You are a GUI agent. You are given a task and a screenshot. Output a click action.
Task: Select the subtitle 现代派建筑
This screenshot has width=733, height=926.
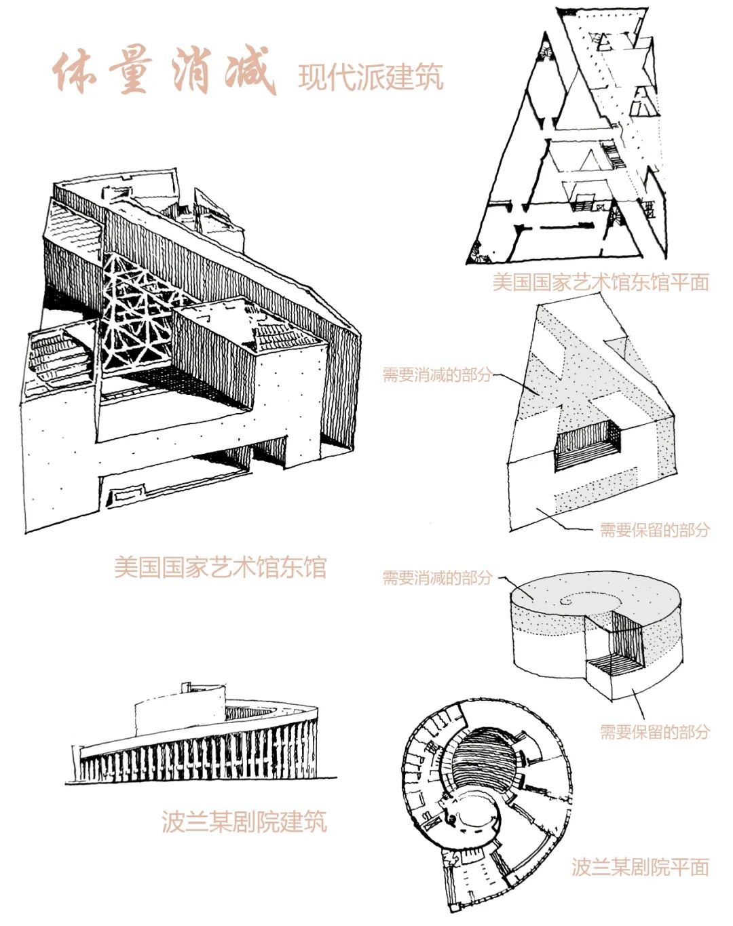pyautogui.click(x=371, y=77)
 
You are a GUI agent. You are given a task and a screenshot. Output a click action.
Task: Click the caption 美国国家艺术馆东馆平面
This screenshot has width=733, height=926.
pyautogui.click(x=600, y=282)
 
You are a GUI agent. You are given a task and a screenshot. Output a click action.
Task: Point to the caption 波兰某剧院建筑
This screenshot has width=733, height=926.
pyautogui.click(x=244, y=822)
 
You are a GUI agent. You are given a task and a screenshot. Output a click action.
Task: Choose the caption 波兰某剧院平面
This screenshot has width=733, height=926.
pyautogui.click(x=639, y=866)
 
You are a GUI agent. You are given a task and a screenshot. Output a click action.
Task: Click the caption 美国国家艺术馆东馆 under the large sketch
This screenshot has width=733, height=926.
pyautogui.click(x=220, y=567)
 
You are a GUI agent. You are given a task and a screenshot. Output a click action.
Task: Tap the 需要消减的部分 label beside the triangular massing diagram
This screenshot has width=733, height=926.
pyautogui.click(x=436, y=374)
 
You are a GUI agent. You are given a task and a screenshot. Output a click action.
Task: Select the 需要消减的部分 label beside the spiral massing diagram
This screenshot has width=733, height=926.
pyautogui.click(x=436, y=578)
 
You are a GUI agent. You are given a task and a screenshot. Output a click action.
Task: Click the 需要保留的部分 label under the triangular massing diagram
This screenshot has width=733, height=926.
pyautogui.click(x=654, y=530)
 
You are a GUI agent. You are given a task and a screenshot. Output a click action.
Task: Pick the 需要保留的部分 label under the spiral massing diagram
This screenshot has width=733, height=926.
pyautogui.click(x=654, y=731)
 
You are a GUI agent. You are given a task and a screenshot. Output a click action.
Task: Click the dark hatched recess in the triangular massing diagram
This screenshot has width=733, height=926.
pyautogui.click(x=586, y=444)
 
